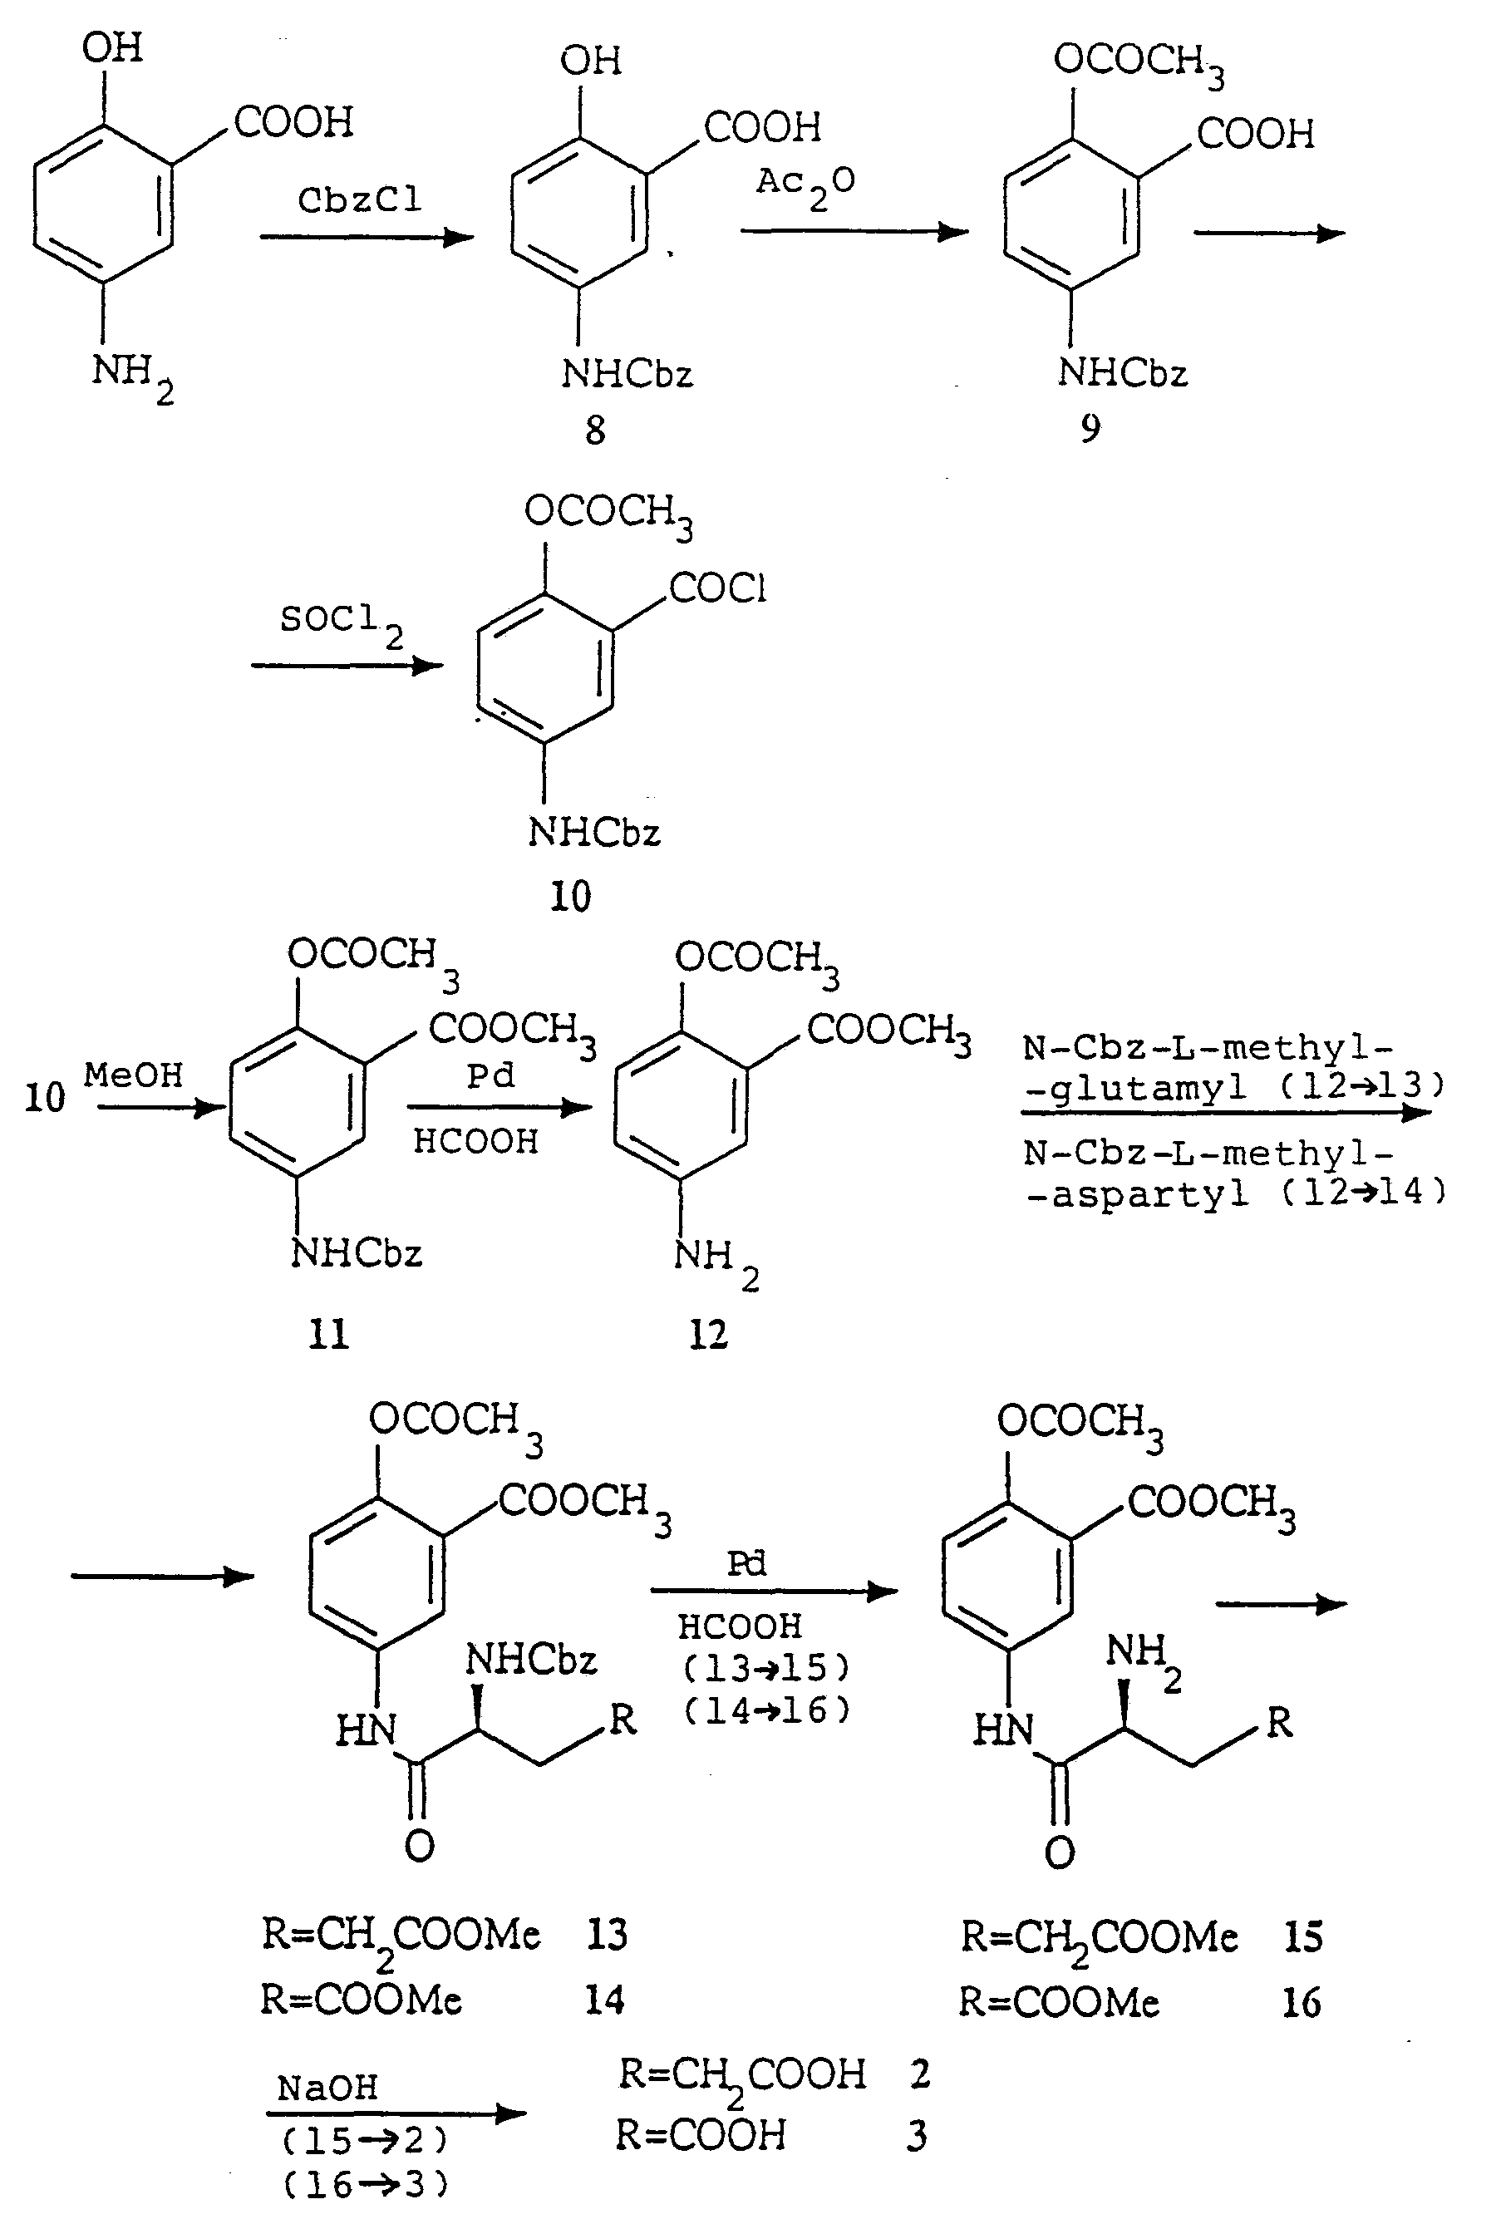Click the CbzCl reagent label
(x=359, y=199)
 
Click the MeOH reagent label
(x=133, y=1075)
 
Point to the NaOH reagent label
(x=327, y=2088)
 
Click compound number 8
(x=595, y=431)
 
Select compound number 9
(x=1090, y=428)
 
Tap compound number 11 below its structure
(x=328, y=1334)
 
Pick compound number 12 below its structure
(x=708, y=1335)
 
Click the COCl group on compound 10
(x=717, y=588)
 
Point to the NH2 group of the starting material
(x=131, y=378)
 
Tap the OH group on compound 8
(x=591, y=61)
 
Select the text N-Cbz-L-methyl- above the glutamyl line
(x=1208, y=1047)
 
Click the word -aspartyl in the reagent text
(x=1136, y=1193)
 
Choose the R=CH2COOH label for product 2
(x=742, y=2077)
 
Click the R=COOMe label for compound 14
(x=362, y=2000)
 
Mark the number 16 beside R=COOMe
(x=1302, y=2002)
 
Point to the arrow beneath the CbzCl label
(x=367, y=237)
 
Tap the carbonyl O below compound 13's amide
(x=419, y=1846)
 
